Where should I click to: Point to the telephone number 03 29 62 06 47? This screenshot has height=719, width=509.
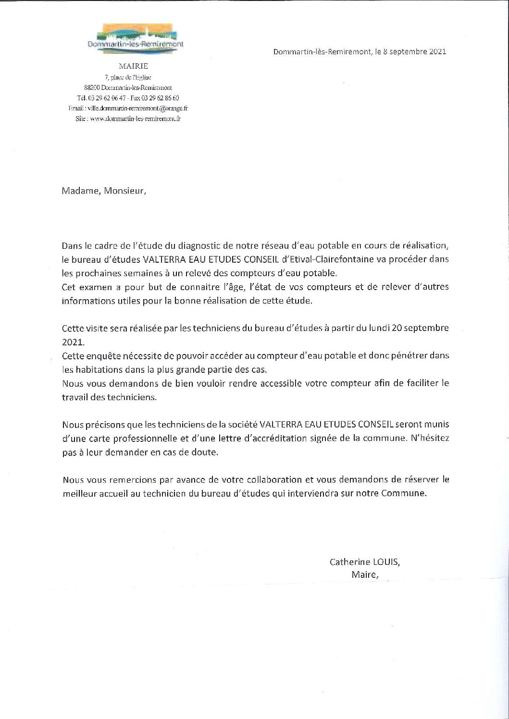pyautogui.click(x=104, y=98)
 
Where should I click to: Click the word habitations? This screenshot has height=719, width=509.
pyautogui.click(x=97, y=370)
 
